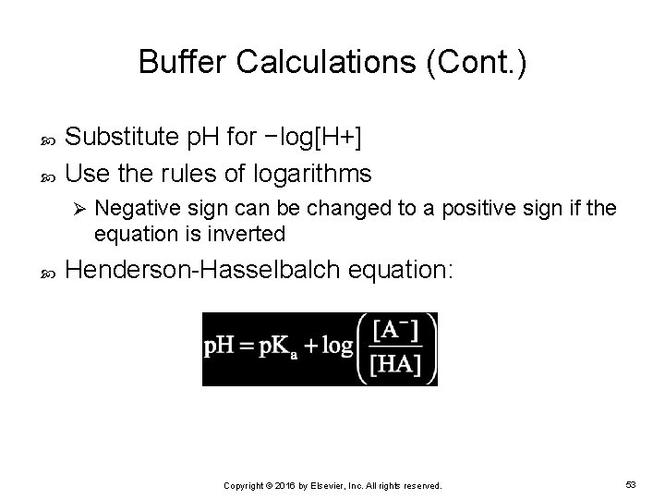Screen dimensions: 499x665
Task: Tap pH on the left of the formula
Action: tap(218, 348)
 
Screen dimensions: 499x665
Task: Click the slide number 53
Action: tap(630, 483)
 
